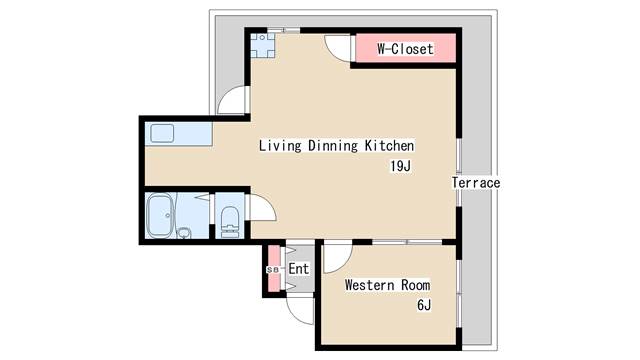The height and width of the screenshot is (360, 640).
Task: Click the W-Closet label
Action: click(x=405, y=49)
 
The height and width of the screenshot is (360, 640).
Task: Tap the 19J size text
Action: click(x=400, y=166)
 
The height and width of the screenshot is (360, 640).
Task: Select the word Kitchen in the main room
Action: click(x=389, y=146)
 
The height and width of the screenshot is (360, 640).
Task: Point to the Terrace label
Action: click(x=476, y=182)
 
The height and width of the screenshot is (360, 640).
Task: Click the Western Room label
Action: click(x=387, y=285)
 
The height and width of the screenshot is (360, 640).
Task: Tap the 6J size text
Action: click(x=424, y=305)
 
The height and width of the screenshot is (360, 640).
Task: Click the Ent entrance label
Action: click(x=299, y=269)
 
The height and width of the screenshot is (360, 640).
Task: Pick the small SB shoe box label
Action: click(x=273, y=270)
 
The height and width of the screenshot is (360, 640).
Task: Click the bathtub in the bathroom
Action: click(x=161, y=216)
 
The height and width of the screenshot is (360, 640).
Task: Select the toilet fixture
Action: click(x=229, y=222)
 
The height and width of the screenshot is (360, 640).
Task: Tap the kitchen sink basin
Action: click(x=162, y=133)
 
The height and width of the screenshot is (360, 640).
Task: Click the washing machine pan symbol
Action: click(x=262, y=45)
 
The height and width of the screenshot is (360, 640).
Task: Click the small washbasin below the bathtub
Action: click(x=184, y=233)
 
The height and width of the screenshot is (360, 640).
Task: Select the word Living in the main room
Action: click(x=280, y=146)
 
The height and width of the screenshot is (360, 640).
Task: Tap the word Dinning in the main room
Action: click(x=333, y=146)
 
